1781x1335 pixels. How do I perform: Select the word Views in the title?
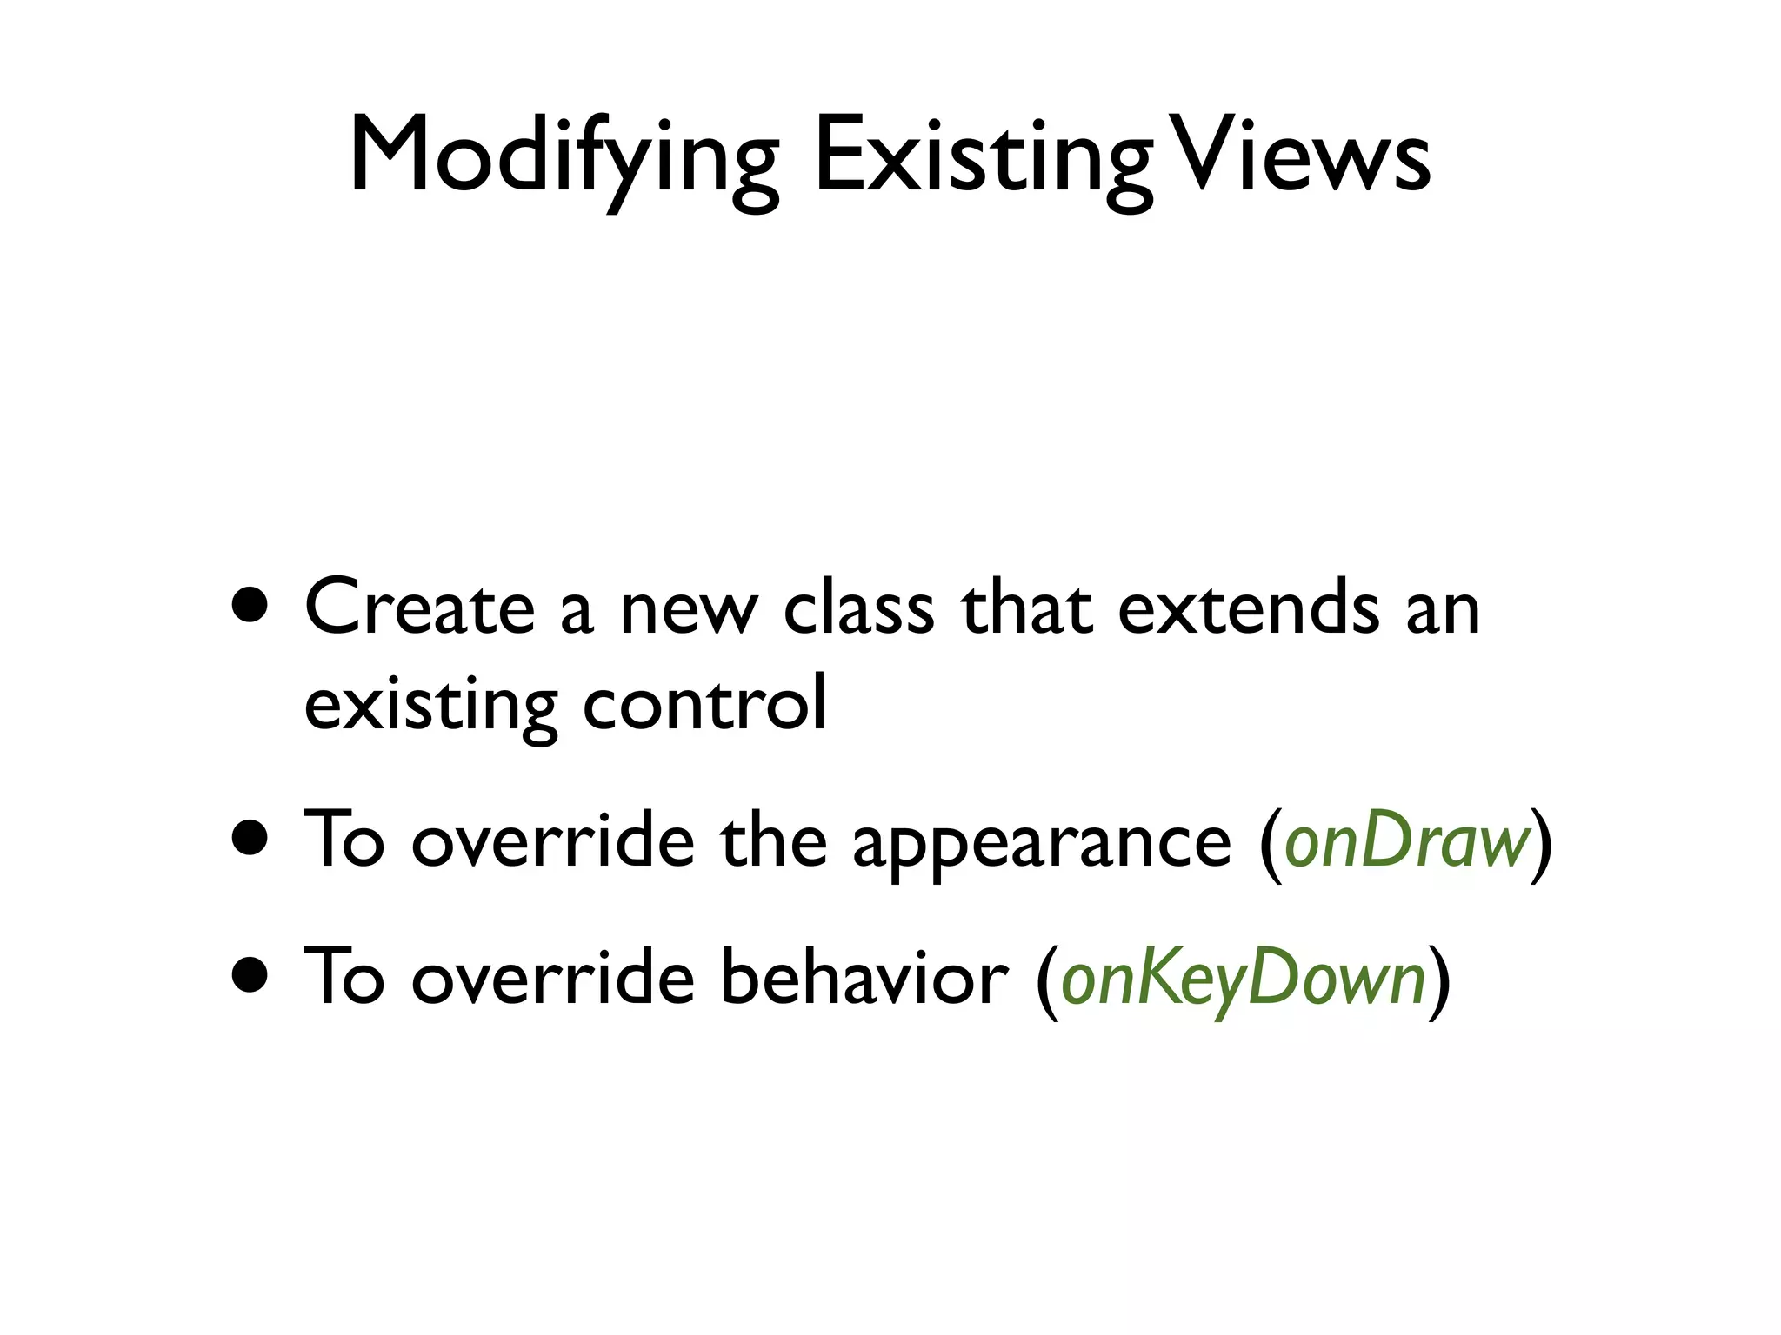[1302, 156]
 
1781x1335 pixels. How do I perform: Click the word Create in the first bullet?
[419, 608]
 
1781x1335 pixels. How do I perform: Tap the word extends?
[1248, 608]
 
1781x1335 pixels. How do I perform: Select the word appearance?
[1042, 841]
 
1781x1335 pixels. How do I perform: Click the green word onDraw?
[1406, 841]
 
